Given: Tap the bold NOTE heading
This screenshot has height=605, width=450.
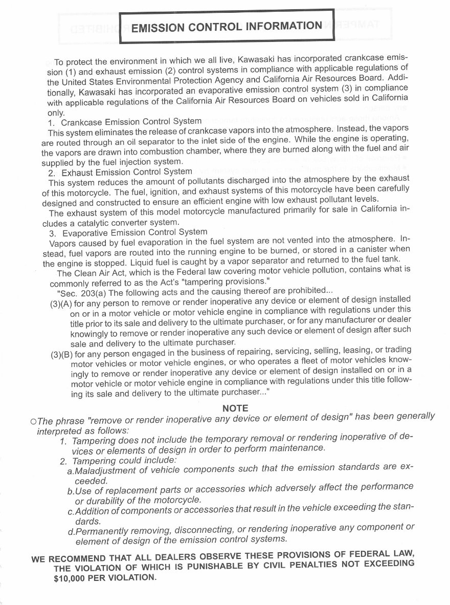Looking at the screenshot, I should pyautogui.click(x=235, y=408).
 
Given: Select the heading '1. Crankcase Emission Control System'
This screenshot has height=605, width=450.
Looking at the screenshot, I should pyautogui.click(x=125, y=122).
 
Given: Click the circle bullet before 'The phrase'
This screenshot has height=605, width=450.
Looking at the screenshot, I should pyautogui.click(x=33, y=421).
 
